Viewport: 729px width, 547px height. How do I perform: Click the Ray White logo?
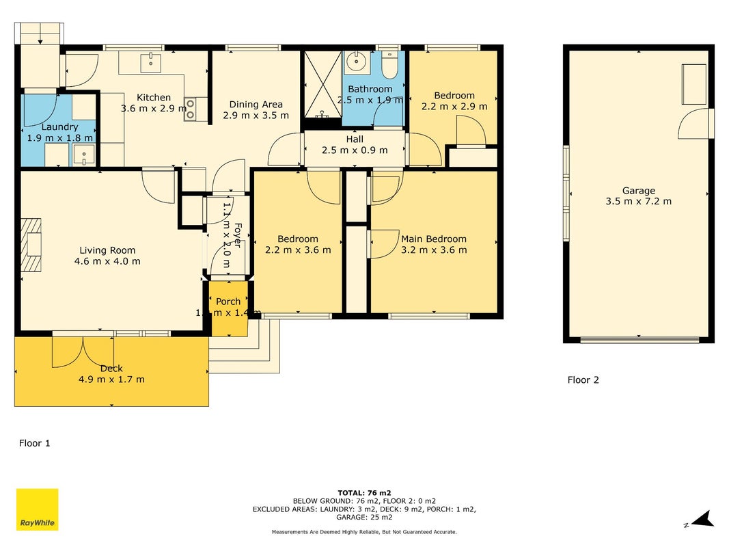pyautogui.click(x=37, y=509)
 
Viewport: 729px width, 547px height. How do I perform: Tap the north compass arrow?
pyautogui.click(x=702, y=519)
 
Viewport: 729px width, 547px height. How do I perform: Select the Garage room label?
pyautogui.click(x=638, y=191)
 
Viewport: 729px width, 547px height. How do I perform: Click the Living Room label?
pyautogui.click(x=107, y=250)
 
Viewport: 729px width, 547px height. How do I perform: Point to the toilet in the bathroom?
pyautogui.click(x=389, y=65)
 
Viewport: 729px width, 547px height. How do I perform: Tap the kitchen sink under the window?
pyautogui.click(x=150, y=63)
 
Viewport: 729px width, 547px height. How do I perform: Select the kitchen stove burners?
pyautogui.click(x=190, y=109)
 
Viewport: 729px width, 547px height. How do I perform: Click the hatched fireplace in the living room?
pyautogui.click(x=31, y=245)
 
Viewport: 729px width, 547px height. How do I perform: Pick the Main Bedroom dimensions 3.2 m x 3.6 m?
pyautogui.click(x=434, y=250)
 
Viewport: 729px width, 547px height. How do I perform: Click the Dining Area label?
pyautogui.click(x=256, y=105)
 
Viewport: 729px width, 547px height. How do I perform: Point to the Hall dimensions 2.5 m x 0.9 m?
pyautogui.click(x=355, y=150)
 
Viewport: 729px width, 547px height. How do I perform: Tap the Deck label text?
pyautogui.click(x=111, y=369)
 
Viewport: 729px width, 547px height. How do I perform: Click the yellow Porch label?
pyautogui.click(x=228, y=302)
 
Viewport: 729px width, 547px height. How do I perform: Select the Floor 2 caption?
pyautogui.click(x=583, y=380)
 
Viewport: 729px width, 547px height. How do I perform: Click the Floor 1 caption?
pyautogui.click(x=34, y=443)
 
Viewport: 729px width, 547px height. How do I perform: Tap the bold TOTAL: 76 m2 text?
pyautogui.click(x=364, y=493)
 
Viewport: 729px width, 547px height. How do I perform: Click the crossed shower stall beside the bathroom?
pyautogui.click(x=322, y=84)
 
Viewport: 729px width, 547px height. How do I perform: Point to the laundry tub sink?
pyautogui.click(x=84, y=155)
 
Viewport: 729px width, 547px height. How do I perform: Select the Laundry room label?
pyautogui.click(x=59, y=127)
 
